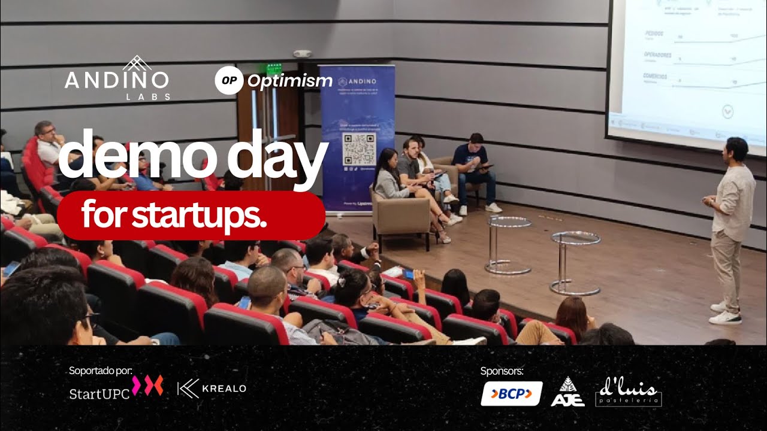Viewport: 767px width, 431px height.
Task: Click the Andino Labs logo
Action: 117,78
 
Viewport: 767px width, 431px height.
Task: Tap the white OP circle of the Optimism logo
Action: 229,80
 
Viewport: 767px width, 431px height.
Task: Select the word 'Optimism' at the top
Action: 290,81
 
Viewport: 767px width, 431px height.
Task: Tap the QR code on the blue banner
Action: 358,149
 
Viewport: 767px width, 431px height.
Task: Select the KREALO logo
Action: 212,388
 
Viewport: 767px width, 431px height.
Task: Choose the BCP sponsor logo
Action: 511,393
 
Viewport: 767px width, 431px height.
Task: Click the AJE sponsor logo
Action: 567,393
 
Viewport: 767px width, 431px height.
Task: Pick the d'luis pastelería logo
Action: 629,392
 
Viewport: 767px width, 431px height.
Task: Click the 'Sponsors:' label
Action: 502,371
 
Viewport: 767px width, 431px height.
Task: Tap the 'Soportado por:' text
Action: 101,371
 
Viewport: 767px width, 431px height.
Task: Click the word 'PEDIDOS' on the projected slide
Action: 653,34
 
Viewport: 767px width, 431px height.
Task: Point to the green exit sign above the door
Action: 274,68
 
